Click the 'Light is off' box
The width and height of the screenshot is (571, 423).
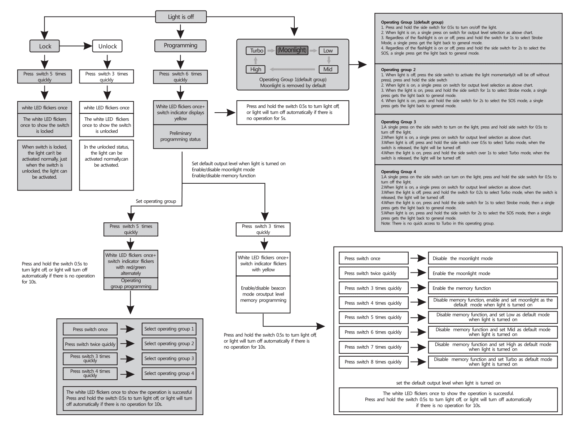click(181, 17)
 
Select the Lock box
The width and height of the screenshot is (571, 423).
click(45, 46)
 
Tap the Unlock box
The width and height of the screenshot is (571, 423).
click(107, 46)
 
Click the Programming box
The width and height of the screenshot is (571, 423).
click(180, 45)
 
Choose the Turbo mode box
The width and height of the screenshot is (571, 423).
click(256, 51)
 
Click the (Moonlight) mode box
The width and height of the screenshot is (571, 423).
click(292, 50)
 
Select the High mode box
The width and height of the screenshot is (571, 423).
click(256, 69)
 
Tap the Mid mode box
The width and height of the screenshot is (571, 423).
click(328, 69)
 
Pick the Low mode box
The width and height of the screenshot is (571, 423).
click(328, 51)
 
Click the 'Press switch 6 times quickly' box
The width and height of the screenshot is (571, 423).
click(180, 77)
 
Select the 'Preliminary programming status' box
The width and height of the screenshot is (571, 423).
click(180, 136)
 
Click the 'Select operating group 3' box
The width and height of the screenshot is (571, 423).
click(169, 358)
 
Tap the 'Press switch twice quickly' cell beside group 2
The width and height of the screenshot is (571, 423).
click(90, 344)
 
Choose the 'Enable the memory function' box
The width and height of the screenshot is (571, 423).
click(492, 288)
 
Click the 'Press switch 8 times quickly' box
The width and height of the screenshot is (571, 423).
click(373, 362)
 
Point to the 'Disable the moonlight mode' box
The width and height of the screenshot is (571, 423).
click(492, 258)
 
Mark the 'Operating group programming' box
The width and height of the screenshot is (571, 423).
click(131, 283)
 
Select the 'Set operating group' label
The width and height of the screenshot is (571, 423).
click(156, 201)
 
